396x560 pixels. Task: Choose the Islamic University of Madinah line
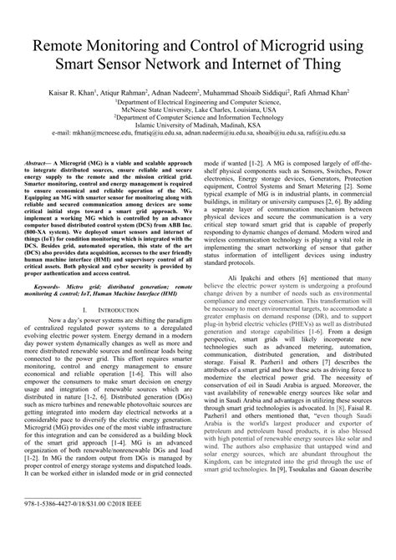198,125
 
